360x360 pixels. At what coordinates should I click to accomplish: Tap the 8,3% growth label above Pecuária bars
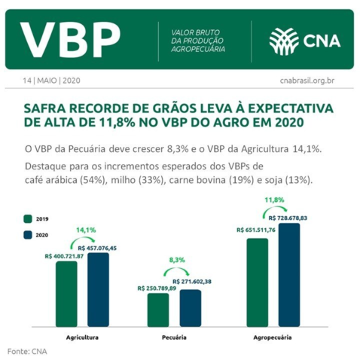[176, 261]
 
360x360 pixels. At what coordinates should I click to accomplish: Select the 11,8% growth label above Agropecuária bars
[274, 200]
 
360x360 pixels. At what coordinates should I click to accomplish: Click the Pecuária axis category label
[174, 337]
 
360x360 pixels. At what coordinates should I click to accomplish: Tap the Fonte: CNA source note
[27, 351]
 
